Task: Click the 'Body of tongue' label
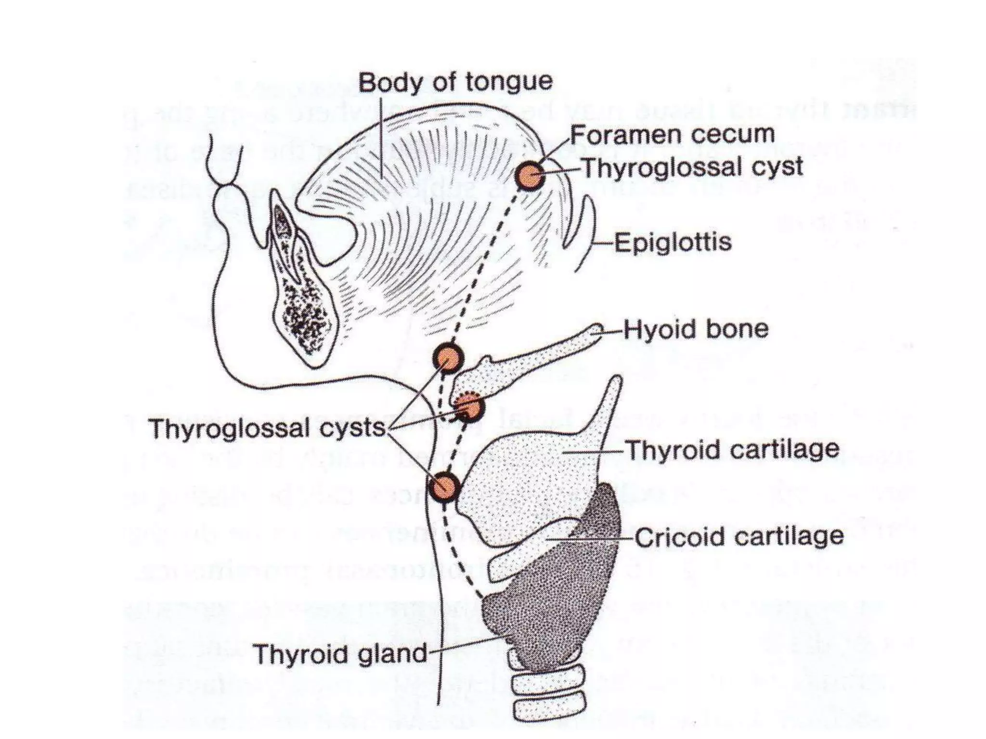click(455, 82)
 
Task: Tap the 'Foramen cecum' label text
click(672, 134)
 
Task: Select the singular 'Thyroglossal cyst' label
click(693, 167)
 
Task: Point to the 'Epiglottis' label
click(673, 242)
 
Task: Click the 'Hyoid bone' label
click(696, 330)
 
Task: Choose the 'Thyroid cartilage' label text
click(731, 450)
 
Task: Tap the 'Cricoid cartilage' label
click(739, 537)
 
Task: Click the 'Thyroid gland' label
click(340, 654)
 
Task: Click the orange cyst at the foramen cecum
click(530, 176)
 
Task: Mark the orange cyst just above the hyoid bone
click(448, 357)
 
